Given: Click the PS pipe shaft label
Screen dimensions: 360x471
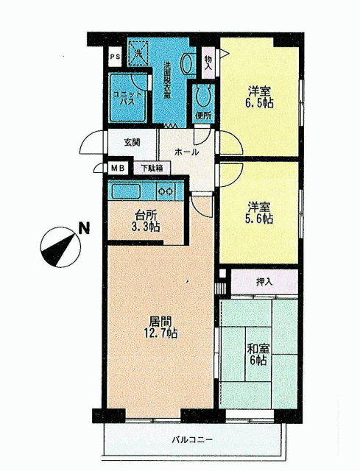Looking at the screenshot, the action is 115,56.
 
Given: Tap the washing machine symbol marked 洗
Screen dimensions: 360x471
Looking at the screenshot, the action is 138,53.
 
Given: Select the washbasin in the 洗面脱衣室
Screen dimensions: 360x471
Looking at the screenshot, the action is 186,63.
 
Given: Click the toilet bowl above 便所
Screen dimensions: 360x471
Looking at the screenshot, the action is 203,95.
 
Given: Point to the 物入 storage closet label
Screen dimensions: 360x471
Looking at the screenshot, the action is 208,63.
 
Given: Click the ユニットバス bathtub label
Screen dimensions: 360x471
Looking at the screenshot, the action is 127,98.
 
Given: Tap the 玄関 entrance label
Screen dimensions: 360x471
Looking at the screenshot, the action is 133,142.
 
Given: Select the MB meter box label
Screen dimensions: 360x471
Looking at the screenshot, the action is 118,169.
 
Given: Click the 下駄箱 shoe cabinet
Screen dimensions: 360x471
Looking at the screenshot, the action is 152,168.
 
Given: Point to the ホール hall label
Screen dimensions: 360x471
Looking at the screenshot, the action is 186,152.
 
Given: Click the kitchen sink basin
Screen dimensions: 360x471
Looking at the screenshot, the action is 126,191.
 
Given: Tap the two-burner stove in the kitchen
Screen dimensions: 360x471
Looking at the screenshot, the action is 166,191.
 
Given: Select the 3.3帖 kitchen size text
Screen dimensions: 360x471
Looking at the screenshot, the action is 146,227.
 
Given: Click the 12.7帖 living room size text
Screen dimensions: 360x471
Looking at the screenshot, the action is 160,333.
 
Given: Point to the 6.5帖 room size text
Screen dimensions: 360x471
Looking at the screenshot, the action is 259,103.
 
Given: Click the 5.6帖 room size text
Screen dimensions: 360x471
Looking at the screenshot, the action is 259,219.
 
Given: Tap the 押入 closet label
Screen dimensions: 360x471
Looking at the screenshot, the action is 264,281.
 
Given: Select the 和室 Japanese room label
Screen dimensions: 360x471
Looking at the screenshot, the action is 258,349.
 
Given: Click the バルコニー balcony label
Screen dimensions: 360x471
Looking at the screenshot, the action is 192,440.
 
